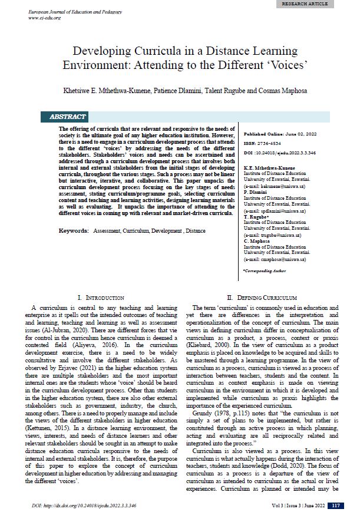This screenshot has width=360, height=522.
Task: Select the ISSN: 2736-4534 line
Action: tap(262, 144)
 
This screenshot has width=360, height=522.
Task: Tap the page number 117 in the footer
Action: tap(335, 506)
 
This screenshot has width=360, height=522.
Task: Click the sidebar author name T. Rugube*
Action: tap(256, 217)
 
